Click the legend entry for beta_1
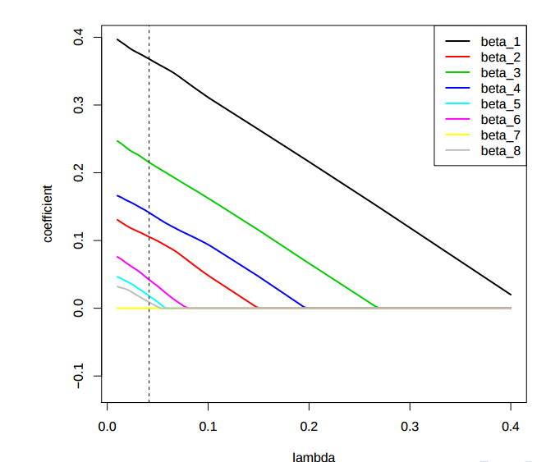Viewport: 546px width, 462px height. coord(500,41)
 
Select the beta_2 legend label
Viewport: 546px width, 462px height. coord(500,57)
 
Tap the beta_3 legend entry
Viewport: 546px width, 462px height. coord(500,72)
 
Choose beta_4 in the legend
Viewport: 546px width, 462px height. coord(500,88)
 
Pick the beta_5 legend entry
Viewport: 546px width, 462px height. coord(500,103)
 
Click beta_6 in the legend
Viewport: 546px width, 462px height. coord(500,119)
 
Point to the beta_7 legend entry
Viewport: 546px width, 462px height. coord(500,135)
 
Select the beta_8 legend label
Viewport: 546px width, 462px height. coord(500,150)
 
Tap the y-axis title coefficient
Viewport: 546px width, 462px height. coord(48,213)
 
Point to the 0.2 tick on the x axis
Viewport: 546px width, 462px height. coord(309,427)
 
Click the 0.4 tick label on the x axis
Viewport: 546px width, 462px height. coord(511,427)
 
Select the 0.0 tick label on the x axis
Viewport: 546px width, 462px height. coord(107,427)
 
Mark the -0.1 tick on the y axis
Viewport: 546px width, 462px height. coord(79,376)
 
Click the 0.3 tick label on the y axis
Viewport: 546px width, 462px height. coord(79,105)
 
